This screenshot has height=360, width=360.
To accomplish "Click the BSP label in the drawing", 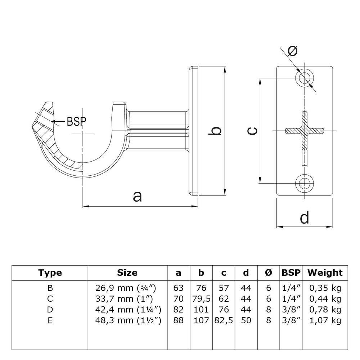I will (76, 121).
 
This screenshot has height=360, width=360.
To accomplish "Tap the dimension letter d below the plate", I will (304, 217).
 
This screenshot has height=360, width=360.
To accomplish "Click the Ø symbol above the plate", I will (293, 51).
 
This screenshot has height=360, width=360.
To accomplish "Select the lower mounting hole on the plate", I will (305, 183).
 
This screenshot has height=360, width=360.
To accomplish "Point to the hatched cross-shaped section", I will (305, 130).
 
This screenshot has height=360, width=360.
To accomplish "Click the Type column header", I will (50, 273).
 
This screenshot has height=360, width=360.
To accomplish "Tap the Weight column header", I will (325, 273).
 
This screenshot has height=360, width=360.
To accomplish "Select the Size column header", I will (127, 273).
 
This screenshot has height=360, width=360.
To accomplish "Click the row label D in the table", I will (50, 310).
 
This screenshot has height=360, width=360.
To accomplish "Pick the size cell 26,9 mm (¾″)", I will (127, 288).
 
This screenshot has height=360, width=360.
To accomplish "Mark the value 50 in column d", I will (246, 320).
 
